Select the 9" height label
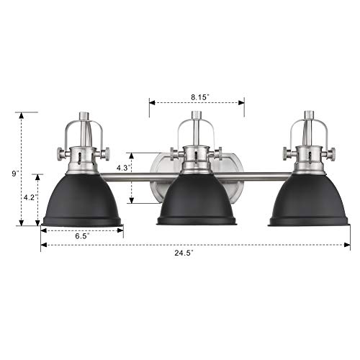click(15, 174)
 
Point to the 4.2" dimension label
click(29, 196)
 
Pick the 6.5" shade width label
click(82, 236)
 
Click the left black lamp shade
click(82, 200)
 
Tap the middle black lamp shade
click(197, 199)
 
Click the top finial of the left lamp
click(82, 114)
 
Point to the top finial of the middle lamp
click(196, 115)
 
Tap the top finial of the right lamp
click(310, 114)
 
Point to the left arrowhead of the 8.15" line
click(151, 102)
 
